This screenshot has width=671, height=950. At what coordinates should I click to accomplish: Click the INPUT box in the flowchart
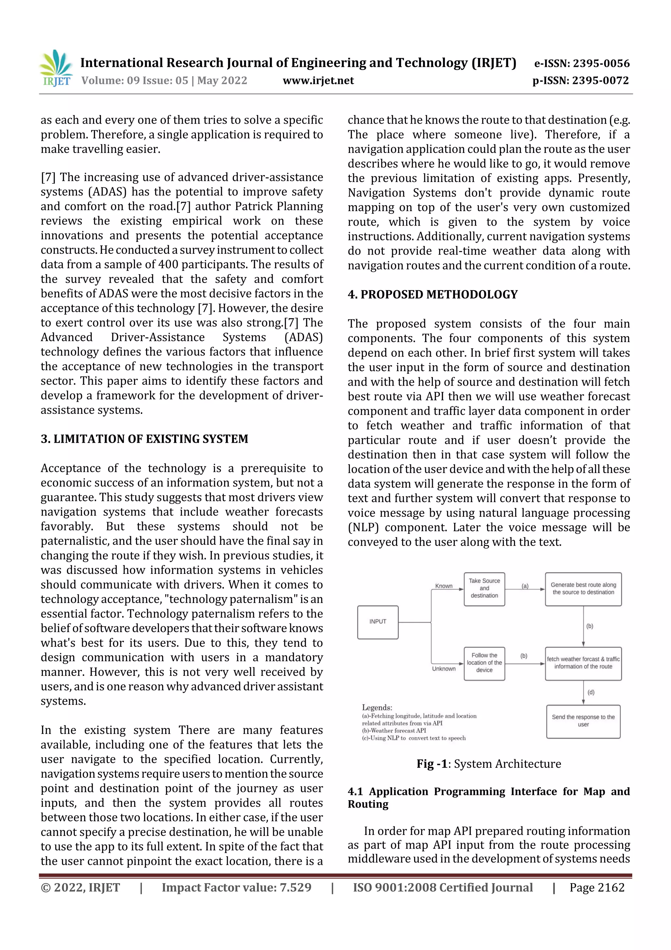pyautogui.click(x=377, y=622)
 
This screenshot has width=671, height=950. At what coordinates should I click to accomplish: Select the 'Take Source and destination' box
pyautogui.click(x=484, y=588)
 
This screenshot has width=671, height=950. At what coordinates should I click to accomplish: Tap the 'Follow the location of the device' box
pyautogui.click(x=484, y=662)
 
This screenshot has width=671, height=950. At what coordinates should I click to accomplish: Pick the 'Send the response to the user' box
pyautogui.click(x=583, y=721)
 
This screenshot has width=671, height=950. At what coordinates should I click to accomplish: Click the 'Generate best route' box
pyautogui.click(x=583, y=588)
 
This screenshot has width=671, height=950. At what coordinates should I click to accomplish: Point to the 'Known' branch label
pyautogui.click(x=444, y=586)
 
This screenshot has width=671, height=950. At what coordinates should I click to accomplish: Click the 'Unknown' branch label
pyautogui.click(x=444, y=669)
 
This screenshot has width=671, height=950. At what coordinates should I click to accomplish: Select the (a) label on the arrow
pyautogui.click(x=525, y=586)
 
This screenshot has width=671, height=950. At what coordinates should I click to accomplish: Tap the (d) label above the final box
pyautogui.click(x=591, y=692)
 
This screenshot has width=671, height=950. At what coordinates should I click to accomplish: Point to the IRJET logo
pyautogui.click(x=57, y=68)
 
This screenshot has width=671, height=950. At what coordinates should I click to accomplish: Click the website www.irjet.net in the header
pyautogui.click(x=318, y=80)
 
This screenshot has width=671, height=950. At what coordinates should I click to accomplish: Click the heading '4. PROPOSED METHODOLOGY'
pyautogui.click(x=432, y=294)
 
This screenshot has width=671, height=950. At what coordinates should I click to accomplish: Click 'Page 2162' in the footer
pyautogui.click(x=597, y=887)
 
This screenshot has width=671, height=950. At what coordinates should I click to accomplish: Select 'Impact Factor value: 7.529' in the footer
pyautogui.click(x=236, y=887)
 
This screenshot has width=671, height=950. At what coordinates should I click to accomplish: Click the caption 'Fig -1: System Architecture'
pyautogui.click(x=489, y=763)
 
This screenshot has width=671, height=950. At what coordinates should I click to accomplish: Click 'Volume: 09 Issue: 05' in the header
pyautogui.click(x=135, y=80)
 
